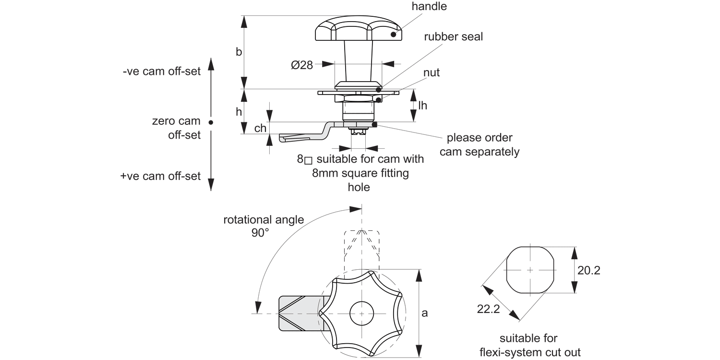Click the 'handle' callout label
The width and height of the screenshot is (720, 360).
pyautogui.click(x=429, y=6)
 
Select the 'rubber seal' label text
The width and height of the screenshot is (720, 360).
pyautogui.click(x=453, y=37)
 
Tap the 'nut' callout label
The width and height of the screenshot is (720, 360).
pyautogui.click(x=432, y=72)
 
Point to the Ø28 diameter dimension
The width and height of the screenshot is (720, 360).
pyautogui.click(x=302, y=65)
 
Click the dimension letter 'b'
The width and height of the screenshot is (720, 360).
pyautogui.click(x=239, y=52)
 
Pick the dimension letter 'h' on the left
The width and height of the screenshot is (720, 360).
pyautogui.click(x=239, y=111)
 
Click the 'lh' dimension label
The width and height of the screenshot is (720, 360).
pyautogui.click(x=422, y=106)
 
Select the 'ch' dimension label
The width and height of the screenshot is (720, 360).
pyautogui.click(x=260, y=128)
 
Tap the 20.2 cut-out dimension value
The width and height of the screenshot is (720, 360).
pyautogui.click(x=588, y=270)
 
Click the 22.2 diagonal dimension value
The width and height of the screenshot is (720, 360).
pyautogui.click(x=489, y=309)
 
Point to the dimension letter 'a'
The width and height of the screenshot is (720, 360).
pyautogui.click(x=424, y=313)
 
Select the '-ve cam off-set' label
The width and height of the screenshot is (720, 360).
pyautogui.click(x=161, y=72)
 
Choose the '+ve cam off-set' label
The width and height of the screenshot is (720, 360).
pyautogui.click(x=160, y=176)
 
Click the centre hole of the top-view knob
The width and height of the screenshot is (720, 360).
pyautogui.click(x=361, y=313)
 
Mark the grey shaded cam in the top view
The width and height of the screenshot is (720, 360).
pyautogui.click(x=298, y=313)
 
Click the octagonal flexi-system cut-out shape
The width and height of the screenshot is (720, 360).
pyautogui.click(x=530, y=270)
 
